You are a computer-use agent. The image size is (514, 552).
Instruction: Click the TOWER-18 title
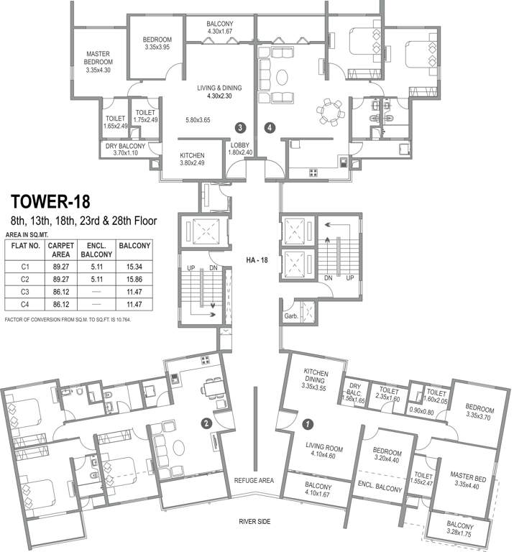(x=50, y=202)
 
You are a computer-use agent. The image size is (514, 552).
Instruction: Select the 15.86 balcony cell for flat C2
(x=134, y=279)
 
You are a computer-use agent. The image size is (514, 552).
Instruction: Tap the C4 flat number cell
(x=24, y=305)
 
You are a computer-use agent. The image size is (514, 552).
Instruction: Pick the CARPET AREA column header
(x=61, y=250)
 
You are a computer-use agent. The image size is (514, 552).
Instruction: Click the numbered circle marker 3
(x=240, y=127)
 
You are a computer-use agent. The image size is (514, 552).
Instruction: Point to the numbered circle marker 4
(x=270, y=127)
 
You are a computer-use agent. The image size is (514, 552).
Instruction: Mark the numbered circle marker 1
(x=308, y=424)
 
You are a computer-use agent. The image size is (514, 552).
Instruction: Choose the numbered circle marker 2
(x=206, y=423)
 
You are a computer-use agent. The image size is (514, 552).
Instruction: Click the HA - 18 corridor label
(x=257, y=260)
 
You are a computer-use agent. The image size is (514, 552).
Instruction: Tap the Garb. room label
(x=291, y=316)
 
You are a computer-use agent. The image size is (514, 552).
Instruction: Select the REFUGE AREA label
(x=254, y=481)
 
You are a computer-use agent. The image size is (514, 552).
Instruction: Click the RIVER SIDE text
(x=254, y=521)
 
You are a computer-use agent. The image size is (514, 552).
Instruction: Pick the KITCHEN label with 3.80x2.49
(x=192, y=159)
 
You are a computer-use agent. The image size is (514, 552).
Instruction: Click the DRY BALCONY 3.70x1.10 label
(x=125, y=149)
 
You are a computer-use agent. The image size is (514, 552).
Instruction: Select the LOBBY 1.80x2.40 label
(x=240, y=149)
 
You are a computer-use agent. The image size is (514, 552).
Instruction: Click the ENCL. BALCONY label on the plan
(x=380, y=486)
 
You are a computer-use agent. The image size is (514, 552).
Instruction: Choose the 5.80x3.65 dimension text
(x=198, y=120)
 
